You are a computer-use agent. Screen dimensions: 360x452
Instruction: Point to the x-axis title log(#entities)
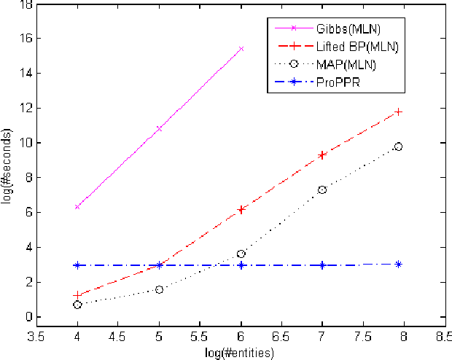[239, 353]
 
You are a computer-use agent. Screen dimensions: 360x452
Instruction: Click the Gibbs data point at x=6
[241, 49]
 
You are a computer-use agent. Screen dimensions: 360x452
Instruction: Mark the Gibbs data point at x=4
[77, 207]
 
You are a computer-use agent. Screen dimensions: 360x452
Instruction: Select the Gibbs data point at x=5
[159, 128]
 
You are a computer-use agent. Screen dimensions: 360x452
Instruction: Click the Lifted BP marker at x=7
[322, 155]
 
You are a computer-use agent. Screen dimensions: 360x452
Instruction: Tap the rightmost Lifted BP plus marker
[398, 111]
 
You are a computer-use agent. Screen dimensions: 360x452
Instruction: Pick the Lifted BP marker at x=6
[241, 209]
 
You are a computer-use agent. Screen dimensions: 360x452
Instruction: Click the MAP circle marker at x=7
[322, 189]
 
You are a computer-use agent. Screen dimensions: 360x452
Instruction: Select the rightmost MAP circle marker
[398, 146]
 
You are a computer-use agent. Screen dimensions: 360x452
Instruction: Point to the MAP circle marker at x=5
[159, 289]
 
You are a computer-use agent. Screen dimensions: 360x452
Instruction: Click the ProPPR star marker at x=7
[322, 265]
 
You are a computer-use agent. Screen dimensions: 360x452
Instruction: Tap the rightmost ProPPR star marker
[398, 264]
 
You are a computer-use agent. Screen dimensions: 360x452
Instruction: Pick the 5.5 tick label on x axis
[199, 338]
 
